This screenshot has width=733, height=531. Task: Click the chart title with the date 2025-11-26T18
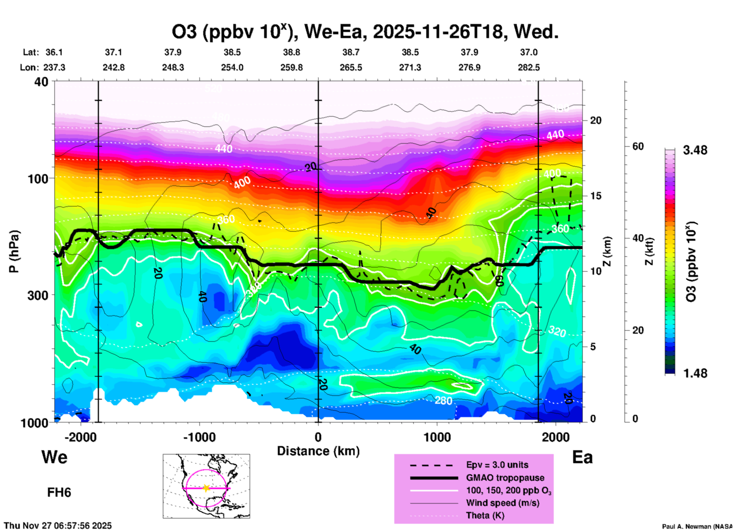point(365,32)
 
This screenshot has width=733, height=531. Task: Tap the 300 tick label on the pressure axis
point(38,295)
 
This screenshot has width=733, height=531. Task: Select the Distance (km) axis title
point(318,451)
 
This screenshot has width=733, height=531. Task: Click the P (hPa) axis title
point(14,251)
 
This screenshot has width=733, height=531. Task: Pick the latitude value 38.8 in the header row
point(292,52)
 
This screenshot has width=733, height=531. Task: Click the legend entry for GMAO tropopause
point(505,478)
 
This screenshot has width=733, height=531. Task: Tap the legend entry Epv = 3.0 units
point(497,465)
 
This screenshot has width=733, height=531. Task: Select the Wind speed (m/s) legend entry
point(502,503)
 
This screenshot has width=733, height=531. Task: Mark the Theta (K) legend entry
point(485,515)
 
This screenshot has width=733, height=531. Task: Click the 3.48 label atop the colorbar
point(695,150)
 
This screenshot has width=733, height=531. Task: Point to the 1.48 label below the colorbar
point(695,373)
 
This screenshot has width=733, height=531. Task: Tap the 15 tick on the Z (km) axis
point(596,196)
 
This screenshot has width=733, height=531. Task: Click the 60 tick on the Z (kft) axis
point(638,146)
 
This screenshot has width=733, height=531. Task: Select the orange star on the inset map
point(206,488)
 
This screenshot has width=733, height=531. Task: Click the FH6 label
point(59,493)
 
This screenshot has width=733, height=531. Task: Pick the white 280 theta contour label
point(443,400)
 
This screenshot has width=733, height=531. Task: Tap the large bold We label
point(54,457)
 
